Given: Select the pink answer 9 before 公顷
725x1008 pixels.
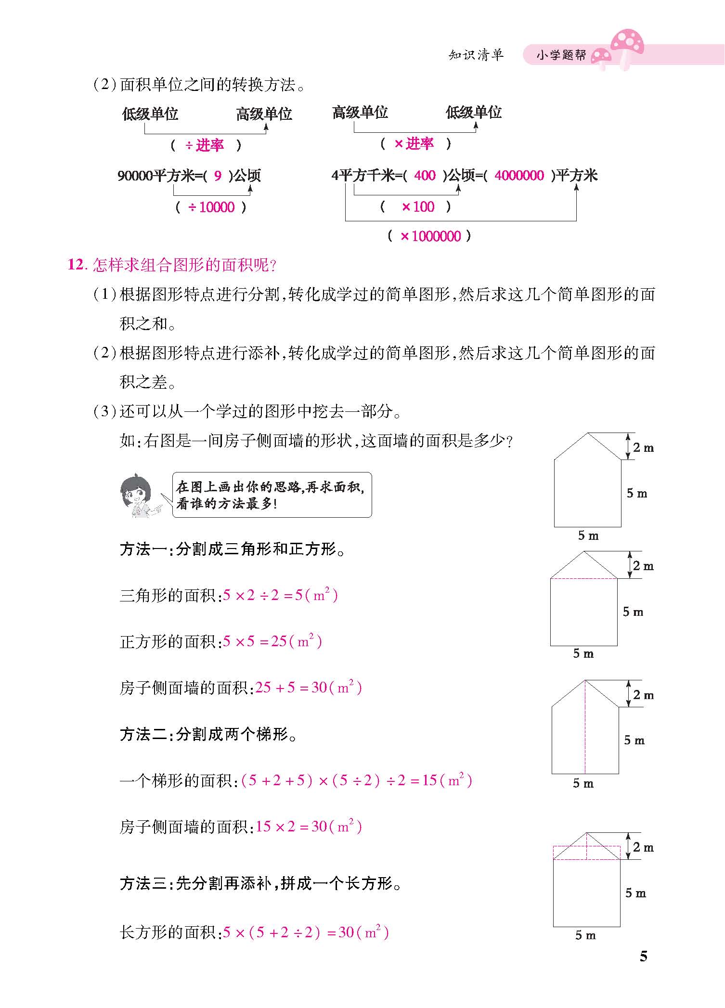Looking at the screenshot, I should [x=218, y=176].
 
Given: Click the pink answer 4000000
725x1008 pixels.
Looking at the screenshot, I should [x=519, y=176].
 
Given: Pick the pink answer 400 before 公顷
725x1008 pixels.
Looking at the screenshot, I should [x=425, y=176].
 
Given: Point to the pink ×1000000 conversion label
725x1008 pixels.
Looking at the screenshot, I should [x=430, y=236].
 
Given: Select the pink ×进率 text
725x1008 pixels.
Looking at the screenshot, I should [x=414, y=143].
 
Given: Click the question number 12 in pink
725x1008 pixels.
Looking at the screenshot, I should [x=77, y=265].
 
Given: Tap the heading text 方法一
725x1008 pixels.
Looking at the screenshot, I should [x=143, y=549].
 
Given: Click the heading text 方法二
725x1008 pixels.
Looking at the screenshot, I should [x=143, y=734].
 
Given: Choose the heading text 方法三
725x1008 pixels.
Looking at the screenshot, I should [x=143, y=883].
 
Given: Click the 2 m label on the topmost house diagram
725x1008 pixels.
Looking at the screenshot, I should [x=643, y=448].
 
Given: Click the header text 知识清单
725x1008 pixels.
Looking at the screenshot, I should [x=476, y=55].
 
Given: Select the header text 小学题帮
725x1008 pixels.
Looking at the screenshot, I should [x=561, y=55].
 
